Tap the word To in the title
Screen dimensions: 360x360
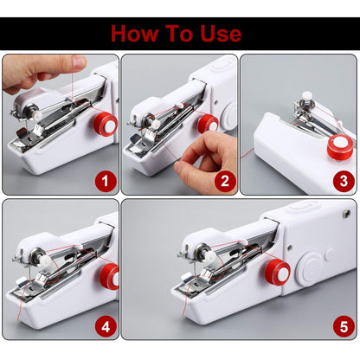176,34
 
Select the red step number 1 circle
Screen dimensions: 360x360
106,181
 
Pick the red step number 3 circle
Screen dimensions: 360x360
344,181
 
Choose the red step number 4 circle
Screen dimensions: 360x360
106,326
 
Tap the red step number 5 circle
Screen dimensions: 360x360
344,326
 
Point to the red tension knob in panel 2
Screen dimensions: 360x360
208,124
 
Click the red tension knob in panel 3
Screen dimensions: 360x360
339,145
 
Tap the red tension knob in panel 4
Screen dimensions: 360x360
109,276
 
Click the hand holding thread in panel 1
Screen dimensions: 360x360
39,71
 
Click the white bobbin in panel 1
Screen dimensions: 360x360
33,112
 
